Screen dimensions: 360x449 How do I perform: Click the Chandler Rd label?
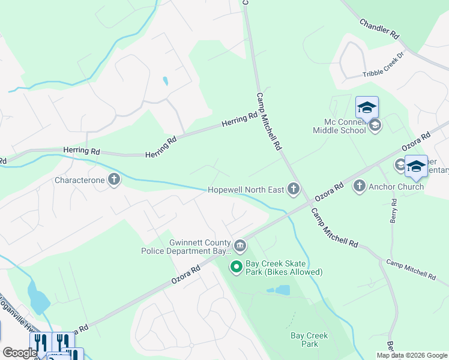(x=379, y=29)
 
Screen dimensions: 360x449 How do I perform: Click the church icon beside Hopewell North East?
(x=294, y=190)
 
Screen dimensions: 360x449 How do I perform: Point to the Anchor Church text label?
(x=397, y=187)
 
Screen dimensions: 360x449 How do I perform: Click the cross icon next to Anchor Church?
(x=360, y=187)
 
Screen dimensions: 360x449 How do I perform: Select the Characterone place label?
(x=80, y=179)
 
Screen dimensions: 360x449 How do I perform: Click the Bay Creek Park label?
(x=309, y=340)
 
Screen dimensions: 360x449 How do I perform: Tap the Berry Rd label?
(x=394, y=211)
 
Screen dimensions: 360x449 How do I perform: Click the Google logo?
(x=19, y=353)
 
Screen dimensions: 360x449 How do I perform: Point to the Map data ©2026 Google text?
(x=412, y=355)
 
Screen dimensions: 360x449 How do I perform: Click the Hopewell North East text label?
(x=246, y=190)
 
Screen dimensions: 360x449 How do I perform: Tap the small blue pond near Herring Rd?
(x=165, y=81)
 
